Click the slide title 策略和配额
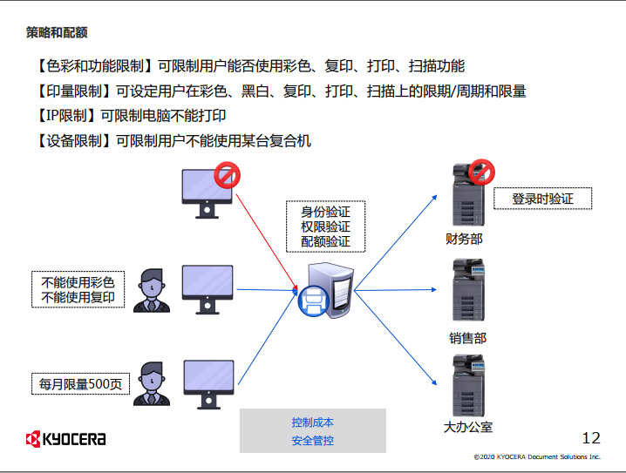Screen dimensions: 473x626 click(57, 33)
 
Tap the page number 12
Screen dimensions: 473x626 click(590, 437)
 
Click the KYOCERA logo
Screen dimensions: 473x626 click(66, 438)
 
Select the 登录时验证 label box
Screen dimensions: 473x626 click(542, 199)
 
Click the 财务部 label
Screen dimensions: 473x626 click(463, 238)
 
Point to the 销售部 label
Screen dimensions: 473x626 click(467, 338)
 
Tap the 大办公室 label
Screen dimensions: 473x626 click(468, 426)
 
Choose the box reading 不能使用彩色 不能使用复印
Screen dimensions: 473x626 click(78, 290)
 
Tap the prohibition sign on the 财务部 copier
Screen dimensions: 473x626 click(480, 172)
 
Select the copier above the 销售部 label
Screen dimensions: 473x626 click(467, 293)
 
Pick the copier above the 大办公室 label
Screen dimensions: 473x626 click(467, 386)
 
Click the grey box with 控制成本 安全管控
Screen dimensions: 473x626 click(312, 431)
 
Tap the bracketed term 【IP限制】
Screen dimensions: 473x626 click(66, 115)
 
